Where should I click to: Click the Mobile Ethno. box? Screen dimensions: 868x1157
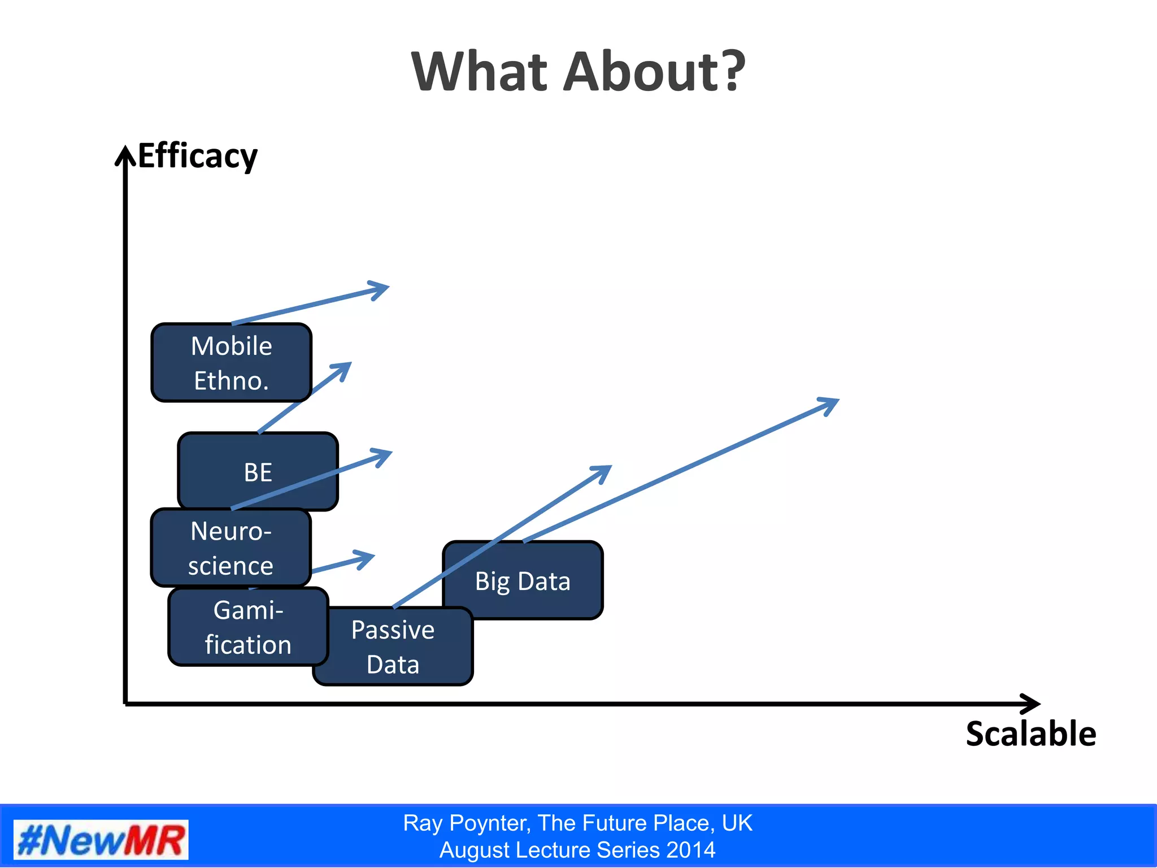[x=231, y=362]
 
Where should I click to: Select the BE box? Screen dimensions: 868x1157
[x=258, y=471]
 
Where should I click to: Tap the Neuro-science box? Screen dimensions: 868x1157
[x=230, y=548]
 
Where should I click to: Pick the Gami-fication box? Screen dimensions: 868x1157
[x=248, y=627]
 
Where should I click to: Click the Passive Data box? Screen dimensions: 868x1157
[x=393, y=647]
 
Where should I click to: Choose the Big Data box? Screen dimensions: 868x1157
[x=523, y=580]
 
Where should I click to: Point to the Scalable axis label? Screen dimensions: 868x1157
[x=1030, y=734]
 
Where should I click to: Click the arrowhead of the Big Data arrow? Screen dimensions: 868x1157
[x=834, y=402]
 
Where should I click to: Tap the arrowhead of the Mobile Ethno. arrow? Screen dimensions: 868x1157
[x=384, y=288]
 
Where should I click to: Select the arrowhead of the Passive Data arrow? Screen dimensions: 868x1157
[x=606, y=469]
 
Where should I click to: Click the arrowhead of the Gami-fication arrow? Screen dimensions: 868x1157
[x=369, y=556]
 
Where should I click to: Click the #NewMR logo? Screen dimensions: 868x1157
[x=101, y=840]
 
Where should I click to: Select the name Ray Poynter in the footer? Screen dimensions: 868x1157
[x=467, y=823]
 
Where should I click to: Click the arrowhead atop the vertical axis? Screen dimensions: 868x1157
[x=125, y=153]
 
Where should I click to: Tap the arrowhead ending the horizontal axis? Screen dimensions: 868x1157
[x=1034, y=704]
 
